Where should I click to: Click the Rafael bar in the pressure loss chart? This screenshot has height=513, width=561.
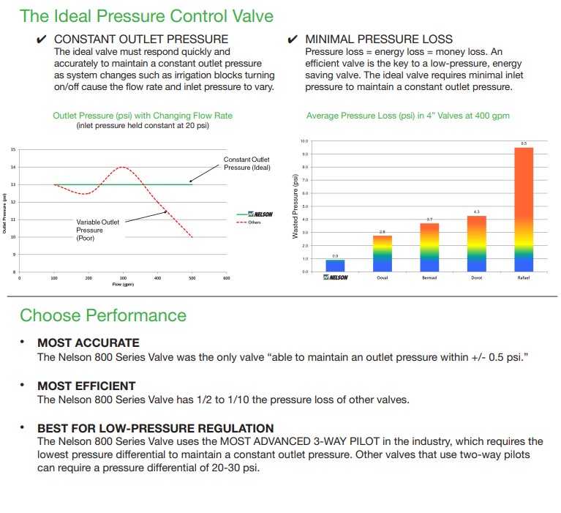point(524,209)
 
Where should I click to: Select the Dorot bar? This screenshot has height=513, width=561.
point(477,244)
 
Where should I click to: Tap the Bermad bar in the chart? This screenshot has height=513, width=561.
point(429,247)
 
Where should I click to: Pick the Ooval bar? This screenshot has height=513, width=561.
point(383,253)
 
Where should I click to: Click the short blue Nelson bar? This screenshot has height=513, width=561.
point(335,266)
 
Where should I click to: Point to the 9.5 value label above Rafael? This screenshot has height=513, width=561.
point(524,143)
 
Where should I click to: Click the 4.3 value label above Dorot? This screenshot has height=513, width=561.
point(477,212)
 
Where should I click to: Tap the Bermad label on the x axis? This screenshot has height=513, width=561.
point(429,278)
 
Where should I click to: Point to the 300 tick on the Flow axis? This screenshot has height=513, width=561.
point(123,278)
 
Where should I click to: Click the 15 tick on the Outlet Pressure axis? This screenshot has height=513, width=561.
point(13,149)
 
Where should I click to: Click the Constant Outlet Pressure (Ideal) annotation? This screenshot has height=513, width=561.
point(246,164)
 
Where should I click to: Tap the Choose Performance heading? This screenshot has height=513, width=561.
point(103,315)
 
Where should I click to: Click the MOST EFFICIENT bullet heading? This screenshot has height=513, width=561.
point(86,386)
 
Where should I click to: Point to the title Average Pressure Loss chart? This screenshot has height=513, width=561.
point(407,116)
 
